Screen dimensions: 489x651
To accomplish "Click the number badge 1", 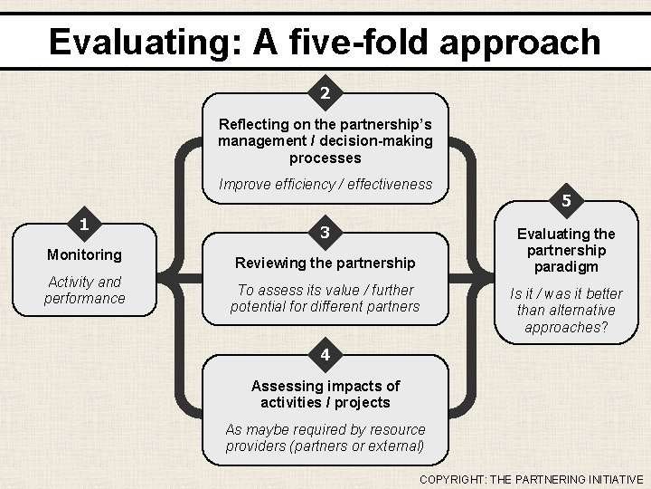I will click(83, 224).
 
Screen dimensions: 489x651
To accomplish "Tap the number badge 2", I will click(325, 92).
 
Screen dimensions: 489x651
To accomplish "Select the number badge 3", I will click(325, 233).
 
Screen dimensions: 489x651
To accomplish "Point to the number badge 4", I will click(325, 352).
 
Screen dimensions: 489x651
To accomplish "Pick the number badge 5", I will click(566, 200).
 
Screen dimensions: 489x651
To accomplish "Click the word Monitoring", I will click(84, 255).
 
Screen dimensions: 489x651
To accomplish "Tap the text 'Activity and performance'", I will click(84, 290).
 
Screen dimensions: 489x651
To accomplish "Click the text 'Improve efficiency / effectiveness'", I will click(325, 185).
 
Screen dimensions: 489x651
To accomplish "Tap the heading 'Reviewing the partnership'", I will click(325, 263).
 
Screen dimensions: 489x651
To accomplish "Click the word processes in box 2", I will click(325, 157).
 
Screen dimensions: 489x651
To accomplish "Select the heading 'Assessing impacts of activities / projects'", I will click(325, 394).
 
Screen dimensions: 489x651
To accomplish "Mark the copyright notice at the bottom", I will click(531, 479).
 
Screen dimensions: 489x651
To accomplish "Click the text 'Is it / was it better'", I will click(566, 293).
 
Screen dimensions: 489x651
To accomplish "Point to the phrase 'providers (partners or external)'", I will click(325, 446).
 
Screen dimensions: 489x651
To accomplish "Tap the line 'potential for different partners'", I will click(325, 306).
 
